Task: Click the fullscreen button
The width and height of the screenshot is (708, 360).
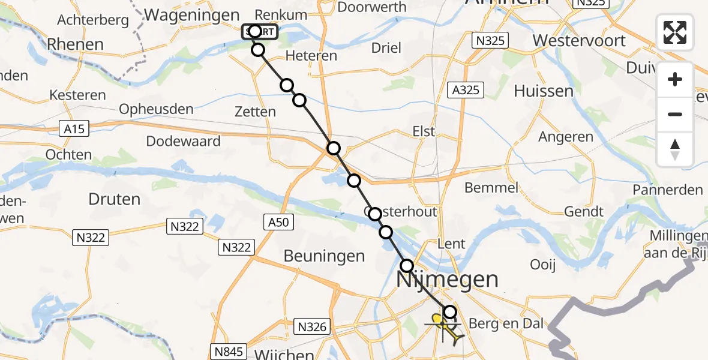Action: pyautogui.click(x=675, y=32)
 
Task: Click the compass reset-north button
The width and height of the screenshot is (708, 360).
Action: pyautogui.click(x=675, y=149)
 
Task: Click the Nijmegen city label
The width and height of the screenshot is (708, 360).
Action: pyautogui.click(x=447, y=279)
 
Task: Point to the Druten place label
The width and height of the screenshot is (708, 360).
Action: pyautogui.click(x=114, y=199)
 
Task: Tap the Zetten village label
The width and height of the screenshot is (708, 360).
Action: pyautogui.click(x=256, y=112)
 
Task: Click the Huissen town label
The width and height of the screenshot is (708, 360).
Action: pyautogui.click(x=544, y=91)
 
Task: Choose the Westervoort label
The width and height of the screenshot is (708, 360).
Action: pyautogui.click(x=579, y=41)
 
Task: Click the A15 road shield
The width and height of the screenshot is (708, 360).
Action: pyautogui.click(x=74, y=128)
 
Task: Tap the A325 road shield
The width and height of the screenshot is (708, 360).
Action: pyautogui.click(x=466, y=90)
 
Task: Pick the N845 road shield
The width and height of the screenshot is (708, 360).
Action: pyautogui.click(x=229, y=351)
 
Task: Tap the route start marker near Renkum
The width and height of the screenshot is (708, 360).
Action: pyautogui.click(x=255, y=31)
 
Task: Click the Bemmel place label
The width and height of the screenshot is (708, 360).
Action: pyautogui.click(x=491, y=188)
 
